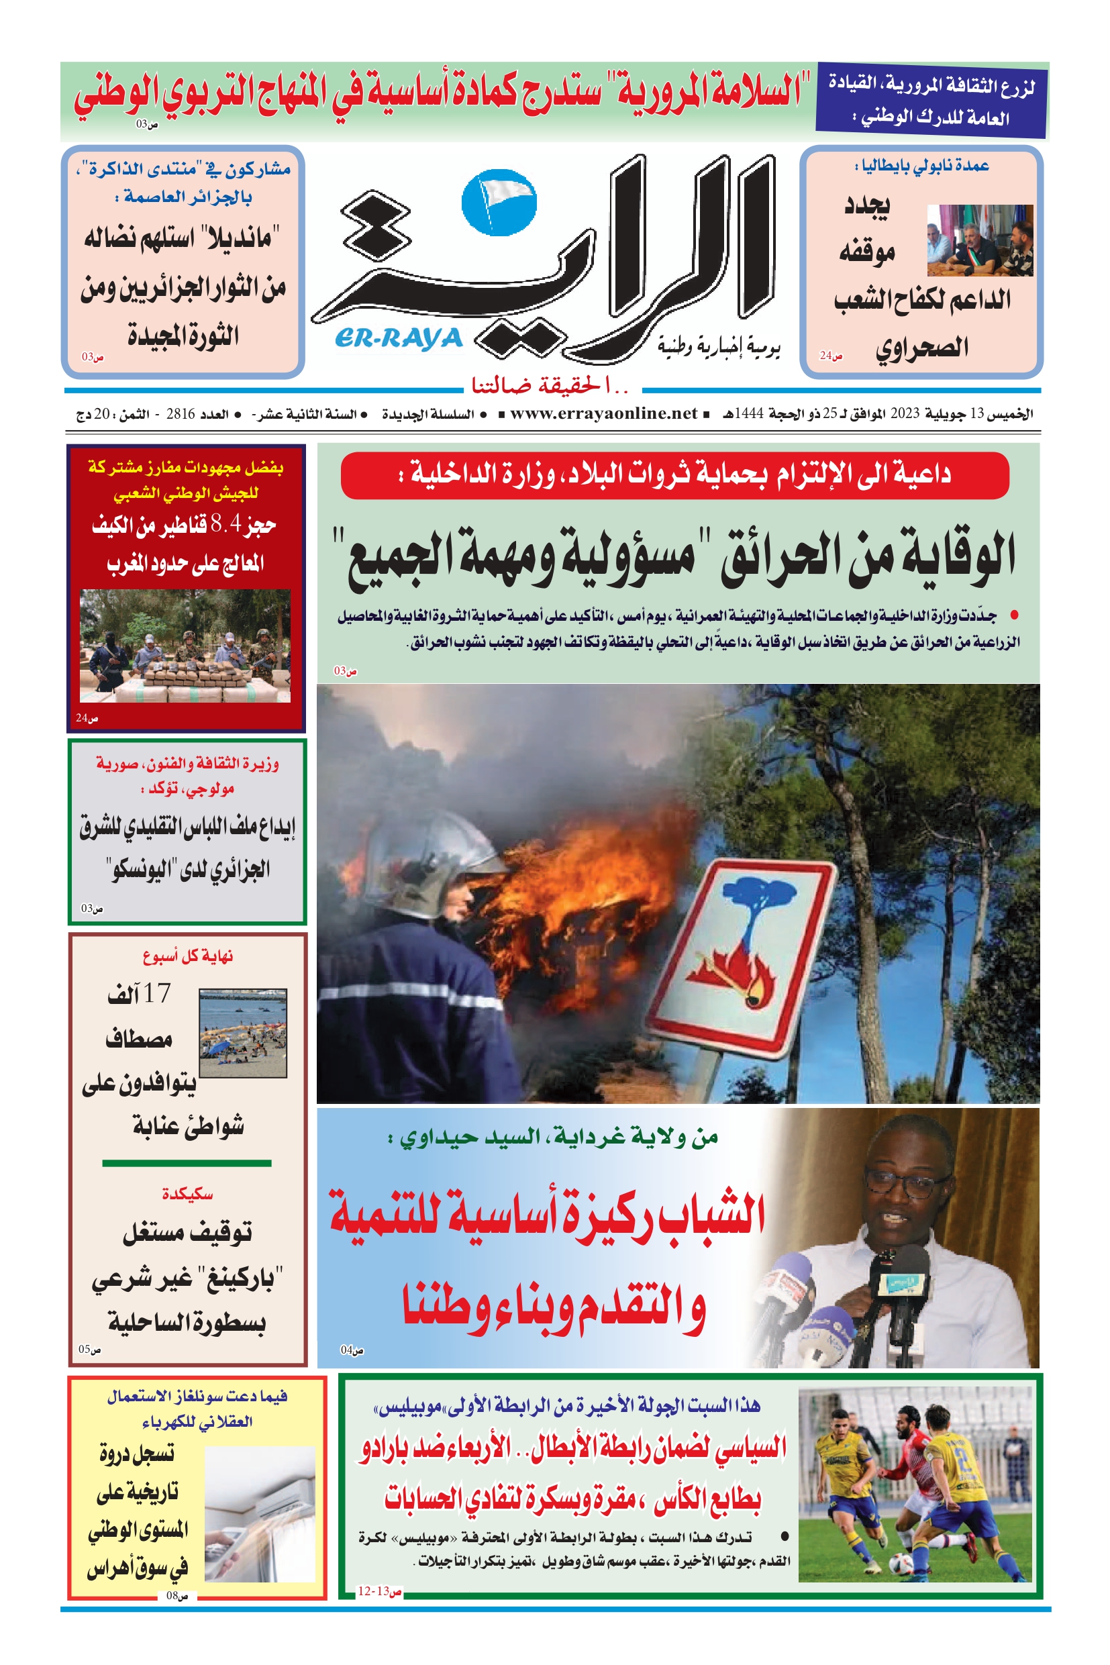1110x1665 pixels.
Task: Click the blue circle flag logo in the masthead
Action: [x=499, y=203]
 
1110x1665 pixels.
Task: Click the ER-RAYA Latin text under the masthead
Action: [x=399, y=338]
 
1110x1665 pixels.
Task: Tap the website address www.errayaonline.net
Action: [x=603, y=413]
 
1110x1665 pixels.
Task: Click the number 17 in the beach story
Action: [x=156, y=994]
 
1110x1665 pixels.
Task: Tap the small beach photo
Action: [x=243, y=1033]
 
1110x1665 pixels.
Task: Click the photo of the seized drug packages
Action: [x=185, y=646]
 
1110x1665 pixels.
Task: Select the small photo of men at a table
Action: [x=980, y=241]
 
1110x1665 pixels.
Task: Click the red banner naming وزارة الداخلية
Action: [x=674, y=475]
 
